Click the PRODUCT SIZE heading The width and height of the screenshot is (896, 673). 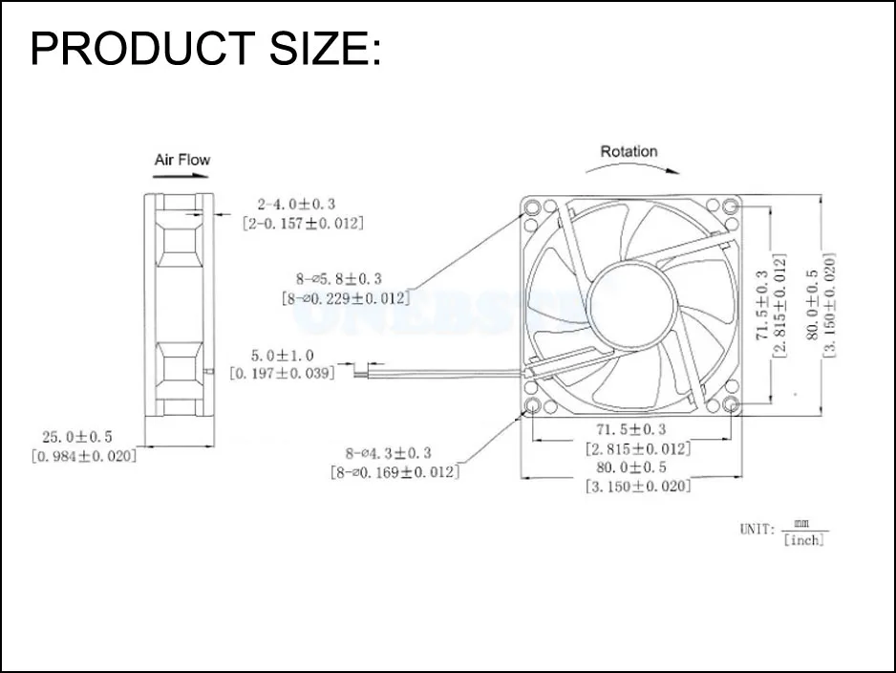[205, 50]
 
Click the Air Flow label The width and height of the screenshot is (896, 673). [181, 160]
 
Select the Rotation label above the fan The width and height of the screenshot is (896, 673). [629, 151]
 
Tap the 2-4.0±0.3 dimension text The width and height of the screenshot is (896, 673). [296, 204]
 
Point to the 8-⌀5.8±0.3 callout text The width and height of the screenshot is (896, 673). [338, 278]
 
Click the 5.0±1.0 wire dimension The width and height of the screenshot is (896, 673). [283, 355]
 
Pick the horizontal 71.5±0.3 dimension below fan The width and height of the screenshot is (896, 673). [630, 428]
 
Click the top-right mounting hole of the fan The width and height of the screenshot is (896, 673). [731, 206]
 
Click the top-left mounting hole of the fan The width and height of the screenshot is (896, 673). [531, 206]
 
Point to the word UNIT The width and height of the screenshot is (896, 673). [757, 529]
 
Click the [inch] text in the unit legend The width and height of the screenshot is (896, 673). [802, 540]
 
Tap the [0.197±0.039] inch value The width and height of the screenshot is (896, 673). [283, 373]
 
